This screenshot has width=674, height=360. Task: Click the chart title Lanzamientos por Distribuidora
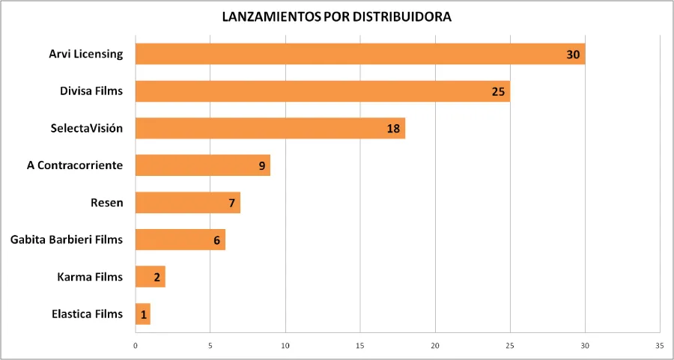click(x=337, y=16)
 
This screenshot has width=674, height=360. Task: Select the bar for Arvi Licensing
click(x=359, y=54)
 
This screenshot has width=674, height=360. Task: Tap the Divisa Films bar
click(x=322, y=91)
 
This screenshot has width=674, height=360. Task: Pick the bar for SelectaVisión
click(x=270, y=128)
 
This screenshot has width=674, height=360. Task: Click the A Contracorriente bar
click(x=202, y=165)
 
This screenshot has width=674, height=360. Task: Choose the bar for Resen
click(x=187, y=203)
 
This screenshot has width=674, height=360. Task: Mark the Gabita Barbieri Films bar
click(x=180, y=240)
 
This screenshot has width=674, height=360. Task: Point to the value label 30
click(x=574, y=55)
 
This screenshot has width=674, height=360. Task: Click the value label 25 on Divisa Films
click(x=499, y=92)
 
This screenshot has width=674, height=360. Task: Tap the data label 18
click(x=393, y=129)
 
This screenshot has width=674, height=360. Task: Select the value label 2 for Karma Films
click(x=157, y=278)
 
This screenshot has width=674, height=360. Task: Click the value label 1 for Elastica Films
click(x=143, y=314)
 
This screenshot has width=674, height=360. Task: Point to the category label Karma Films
click(x=90, y=277)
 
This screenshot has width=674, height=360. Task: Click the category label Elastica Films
click(x=88, y=314)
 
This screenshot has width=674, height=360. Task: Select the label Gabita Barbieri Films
click(x=67, y=240)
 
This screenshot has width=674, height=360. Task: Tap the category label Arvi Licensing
click(x=86, y=54)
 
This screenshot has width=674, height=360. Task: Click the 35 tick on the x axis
click(x=659, y=346)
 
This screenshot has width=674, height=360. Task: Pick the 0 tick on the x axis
click(x=136, y=346)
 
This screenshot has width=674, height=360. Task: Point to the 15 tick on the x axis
click(x=360, y=346)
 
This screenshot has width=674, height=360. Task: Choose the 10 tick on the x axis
click(x=285, y=346)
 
